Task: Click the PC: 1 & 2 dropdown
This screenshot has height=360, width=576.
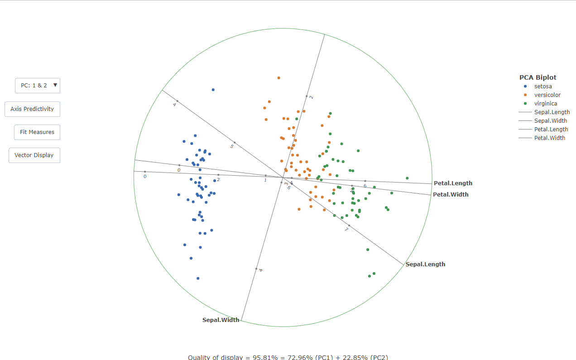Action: pos(38,85)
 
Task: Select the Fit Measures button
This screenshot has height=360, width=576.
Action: pos(37,132)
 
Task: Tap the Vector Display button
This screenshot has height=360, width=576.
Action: pos(34,155)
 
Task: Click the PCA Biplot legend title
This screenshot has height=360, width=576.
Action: pos(538,77)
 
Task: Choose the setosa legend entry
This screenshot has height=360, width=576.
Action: pos(542,86)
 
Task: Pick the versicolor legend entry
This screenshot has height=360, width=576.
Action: pos(547,95)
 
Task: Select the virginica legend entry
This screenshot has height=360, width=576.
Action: pos(545,103)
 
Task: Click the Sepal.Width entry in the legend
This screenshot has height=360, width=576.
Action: pos(550,120)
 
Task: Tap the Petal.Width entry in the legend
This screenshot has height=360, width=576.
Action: pos(549,138)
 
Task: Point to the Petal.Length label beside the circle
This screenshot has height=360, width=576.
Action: pos(453,183)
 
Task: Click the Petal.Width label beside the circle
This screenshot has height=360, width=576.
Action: pos(451,195)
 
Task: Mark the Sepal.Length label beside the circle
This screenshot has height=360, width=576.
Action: pos(425,264)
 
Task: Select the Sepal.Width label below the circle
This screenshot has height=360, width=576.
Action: pos(221,320)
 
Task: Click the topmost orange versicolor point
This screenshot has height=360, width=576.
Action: pos(279,78)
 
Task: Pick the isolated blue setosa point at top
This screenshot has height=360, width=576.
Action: pos(213,90)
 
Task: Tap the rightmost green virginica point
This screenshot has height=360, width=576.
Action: pos(407,178)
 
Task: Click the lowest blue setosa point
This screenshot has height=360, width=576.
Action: pos(198,278)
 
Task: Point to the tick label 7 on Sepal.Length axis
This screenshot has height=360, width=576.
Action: pos(346,230)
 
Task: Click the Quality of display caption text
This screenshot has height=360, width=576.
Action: pos(288,357)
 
